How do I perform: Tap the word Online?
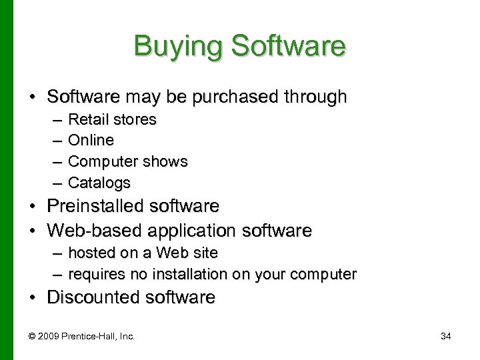91,141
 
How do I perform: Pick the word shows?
168,162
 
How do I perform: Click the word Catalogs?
99,183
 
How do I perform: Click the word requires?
93,274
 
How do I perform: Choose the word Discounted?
93,297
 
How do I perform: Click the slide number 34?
446,337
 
